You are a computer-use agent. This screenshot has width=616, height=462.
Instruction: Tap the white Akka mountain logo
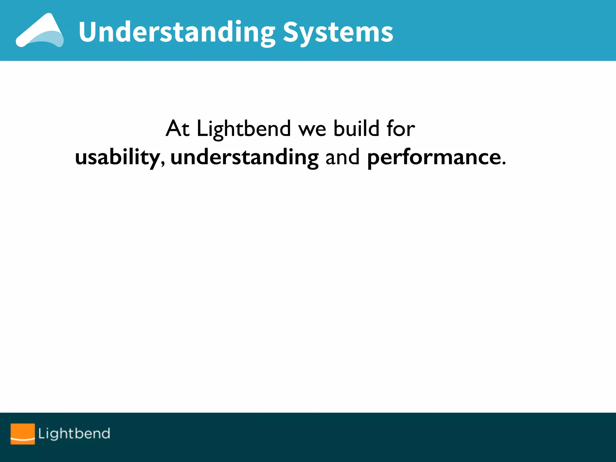pyautogui.click(x=40, y=31)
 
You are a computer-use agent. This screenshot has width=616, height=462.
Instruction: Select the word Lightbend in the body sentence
pyautogui.click(x=244, y=129)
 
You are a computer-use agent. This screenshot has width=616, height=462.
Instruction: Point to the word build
pyautogui.click(x=356, y=128)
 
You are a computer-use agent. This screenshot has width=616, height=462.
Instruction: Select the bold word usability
pyautogui.click(x=117, y=157)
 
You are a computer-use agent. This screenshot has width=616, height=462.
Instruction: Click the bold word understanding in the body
pyautogui.click(x=244, y=157)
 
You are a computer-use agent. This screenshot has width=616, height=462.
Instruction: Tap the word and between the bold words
pyautogui.click(x=342, y=157)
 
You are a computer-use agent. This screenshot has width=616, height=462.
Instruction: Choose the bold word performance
pyautogui.click(x=434, y=157)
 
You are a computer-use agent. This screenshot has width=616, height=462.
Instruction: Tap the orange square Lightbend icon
pyautogui.click(x=23, y=434)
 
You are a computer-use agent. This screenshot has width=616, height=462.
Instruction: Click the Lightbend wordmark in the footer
pyautogui.click(x=74, y=434)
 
